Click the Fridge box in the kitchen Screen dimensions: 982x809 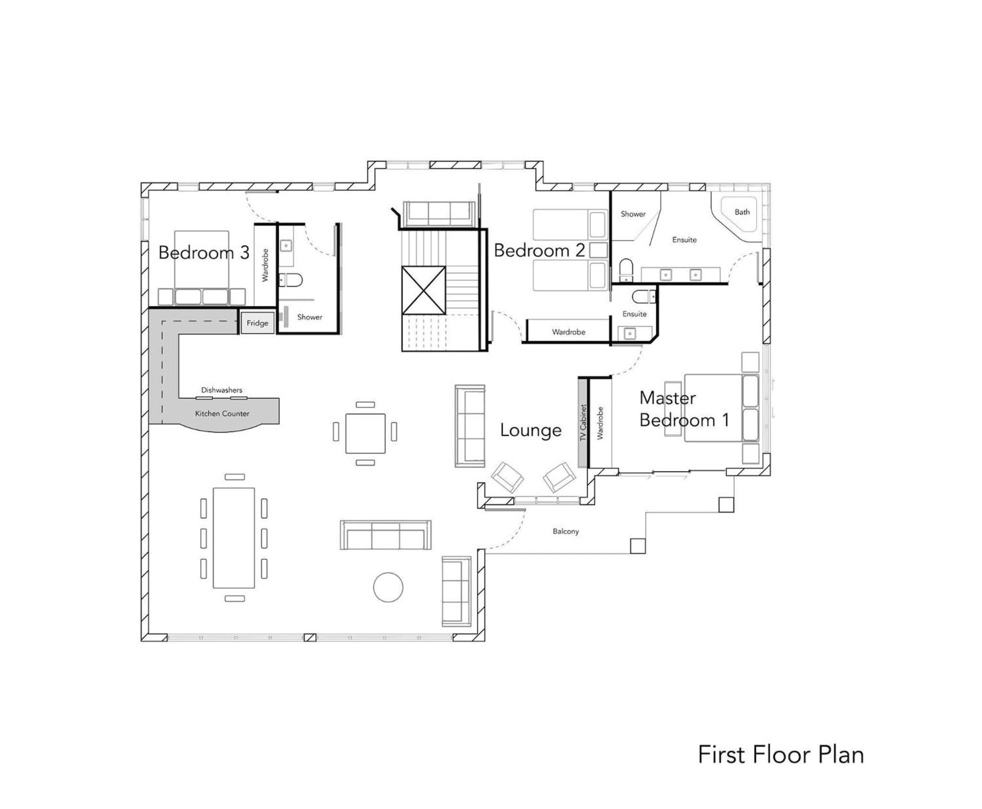[x=257, y=323]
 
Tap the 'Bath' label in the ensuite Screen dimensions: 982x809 [x=742, y=212]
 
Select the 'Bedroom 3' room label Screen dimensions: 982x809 [x=204, y=253]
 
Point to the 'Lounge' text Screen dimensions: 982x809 [x=531, y=431]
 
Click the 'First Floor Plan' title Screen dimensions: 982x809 [x=781, y=755]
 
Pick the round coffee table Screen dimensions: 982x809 [x=388, y=587]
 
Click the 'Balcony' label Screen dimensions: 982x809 [x=566, y=531]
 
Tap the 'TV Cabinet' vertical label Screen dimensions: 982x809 [x=583, y=422]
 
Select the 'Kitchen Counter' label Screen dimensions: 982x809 [x=222, y=413]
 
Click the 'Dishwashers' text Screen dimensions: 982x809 [x=221, y=390]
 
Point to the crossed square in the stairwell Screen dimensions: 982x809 [x=424, y=290]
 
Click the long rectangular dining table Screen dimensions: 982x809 [x=234, y=538]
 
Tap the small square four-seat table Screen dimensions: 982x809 [x=365, y=433]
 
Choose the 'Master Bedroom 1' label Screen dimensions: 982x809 [x=684, y=409]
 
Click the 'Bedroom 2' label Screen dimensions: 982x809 [x=539, y=250]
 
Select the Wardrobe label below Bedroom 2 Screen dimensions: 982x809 [x=569, y=332]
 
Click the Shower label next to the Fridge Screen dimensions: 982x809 [x=310, y=317]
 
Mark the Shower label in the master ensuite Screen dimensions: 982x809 [x=633, y=214]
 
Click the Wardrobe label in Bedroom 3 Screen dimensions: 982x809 [x=265, y=265]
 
